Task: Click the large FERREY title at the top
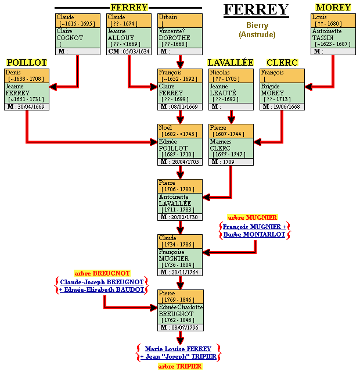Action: [256, 9]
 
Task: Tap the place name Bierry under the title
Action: [257, 26]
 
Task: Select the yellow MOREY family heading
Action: [333, 8]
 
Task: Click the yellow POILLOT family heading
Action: [27, 62]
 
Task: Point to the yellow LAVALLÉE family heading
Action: [231, 62]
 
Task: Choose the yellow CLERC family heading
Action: [282, 62]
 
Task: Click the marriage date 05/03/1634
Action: [136, 51]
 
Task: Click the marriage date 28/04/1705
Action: [186, 162]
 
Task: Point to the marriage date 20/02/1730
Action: [186, 217]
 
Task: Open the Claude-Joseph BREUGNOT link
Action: [102, 282]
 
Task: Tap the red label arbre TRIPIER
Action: [179, 366]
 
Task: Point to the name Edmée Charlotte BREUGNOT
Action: [181, 310]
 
